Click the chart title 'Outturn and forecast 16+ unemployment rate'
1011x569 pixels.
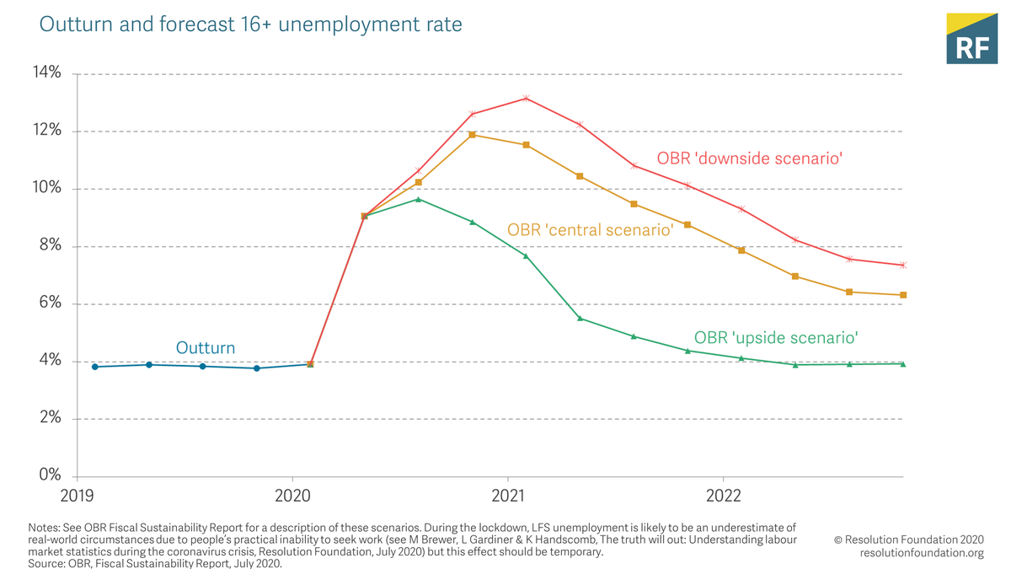point(250,24)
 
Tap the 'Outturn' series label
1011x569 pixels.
point(205,347)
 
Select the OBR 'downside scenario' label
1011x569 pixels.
point(749,158)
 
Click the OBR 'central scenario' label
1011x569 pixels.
point(590,229)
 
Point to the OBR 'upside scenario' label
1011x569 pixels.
point(775,338)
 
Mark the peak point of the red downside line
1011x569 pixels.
point(526,99)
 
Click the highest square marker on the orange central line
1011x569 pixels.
point(472,135)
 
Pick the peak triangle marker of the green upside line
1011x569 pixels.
point(418,200)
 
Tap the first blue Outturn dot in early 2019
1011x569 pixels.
point(95,367)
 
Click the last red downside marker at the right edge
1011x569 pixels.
point(903,266)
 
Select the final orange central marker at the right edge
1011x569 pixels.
point(903,295)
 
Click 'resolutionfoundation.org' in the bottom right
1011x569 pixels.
point(922,553)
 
